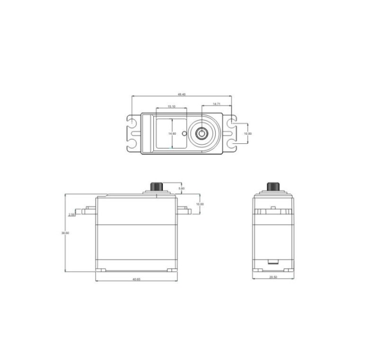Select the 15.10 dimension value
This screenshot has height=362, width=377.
(171, 107)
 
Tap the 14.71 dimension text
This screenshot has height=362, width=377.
(216, 104)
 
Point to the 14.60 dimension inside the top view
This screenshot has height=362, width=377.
(172, 134)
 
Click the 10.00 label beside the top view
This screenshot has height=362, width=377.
(247, 134)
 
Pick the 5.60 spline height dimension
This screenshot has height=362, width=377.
(182, 189)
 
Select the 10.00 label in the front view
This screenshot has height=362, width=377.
(200, 204)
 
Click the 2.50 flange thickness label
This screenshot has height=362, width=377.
(71, 215)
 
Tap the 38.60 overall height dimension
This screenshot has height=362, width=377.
(65, 233)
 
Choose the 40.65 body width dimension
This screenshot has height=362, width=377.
(137, 280)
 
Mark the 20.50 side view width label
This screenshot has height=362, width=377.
(272, 278)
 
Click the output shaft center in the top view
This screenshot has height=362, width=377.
(202, 133)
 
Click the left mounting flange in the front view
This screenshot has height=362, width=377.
(85, 210)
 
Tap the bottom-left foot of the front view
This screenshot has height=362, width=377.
(102, 270)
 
